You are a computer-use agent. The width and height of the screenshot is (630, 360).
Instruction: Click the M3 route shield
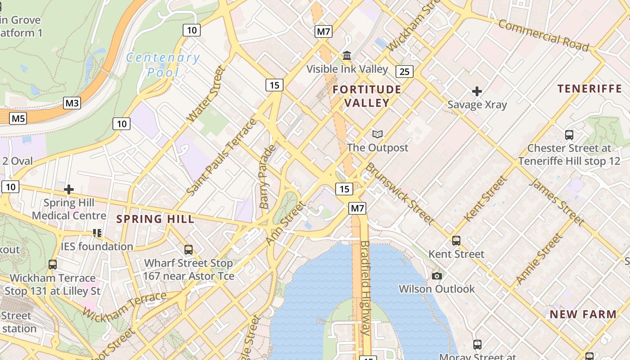coord(72,103)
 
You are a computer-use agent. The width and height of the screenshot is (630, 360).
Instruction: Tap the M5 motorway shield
coord(18,118)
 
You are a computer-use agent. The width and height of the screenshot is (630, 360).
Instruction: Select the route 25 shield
coord(405,71)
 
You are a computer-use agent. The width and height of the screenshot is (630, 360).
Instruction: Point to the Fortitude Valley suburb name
coord(367,96)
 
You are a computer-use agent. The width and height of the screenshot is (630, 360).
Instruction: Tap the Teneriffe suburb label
coord(589,89)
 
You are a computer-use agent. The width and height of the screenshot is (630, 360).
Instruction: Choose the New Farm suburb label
coord(583,314)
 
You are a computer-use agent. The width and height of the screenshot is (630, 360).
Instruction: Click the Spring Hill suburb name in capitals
coord(155,219)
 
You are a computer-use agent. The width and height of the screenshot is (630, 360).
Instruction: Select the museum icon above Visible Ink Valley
coord(347,56)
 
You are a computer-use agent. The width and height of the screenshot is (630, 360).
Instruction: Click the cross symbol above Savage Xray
coord(477,92)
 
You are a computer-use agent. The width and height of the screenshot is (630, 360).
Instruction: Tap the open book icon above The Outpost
coord(378,134)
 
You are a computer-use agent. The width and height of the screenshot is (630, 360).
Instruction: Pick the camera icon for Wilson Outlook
coord(436,276)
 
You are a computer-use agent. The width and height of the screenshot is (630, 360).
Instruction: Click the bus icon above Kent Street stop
coord(456,241)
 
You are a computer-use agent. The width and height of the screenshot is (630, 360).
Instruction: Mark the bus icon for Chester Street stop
coord(569,135)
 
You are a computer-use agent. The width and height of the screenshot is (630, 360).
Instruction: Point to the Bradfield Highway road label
coord(365,288)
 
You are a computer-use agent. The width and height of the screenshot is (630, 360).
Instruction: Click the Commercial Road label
coord(543,36)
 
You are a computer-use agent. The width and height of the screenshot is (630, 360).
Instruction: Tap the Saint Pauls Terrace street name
coord(221,157)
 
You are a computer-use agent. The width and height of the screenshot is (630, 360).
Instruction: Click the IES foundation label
coord(97,247)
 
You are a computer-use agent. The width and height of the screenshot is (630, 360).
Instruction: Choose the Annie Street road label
coord(539,258)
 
